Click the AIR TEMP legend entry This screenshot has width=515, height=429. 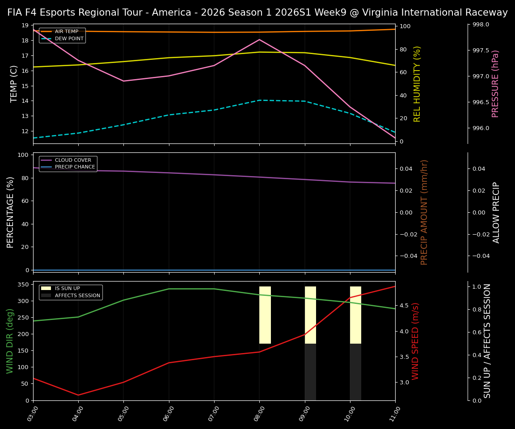pyautogui.click(x=66, y=32)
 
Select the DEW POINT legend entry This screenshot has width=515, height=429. pyautogui.click(x=69, y=39)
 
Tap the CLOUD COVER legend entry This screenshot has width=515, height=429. pyautogui.click(x=72, y=160)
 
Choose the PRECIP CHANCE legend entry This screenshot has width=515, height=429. pyautogui.click(x=75, y=167)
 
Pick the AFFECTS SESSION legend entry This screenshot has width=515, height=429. pyautogui.click(x=77, y=295)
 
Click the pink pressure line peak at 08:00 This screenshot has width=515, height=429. pyautogui.click(x=259, y=39)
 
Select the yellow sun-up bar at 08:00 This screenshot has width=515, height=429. pyautogui.click(x=265, y=315)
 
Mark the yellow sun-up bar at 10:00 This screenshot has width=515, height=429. pyautogui.click(x=355, y=315)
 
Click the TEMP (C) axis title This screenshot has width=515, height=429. pyautogui.click(x=14, y=84)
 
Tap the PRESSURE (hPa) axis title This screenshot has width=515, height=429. pyautogui.click(x=495, y=84)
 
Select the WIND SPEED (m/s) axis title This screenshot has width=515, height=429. pyautogui.click(x=416, y=341)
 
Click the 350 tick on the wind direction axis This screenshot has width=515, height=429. pyautogui.click(x=24, y=284)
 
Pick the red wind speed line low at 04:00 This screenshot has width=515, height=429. pyautogui.click(x=78, y=395)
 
